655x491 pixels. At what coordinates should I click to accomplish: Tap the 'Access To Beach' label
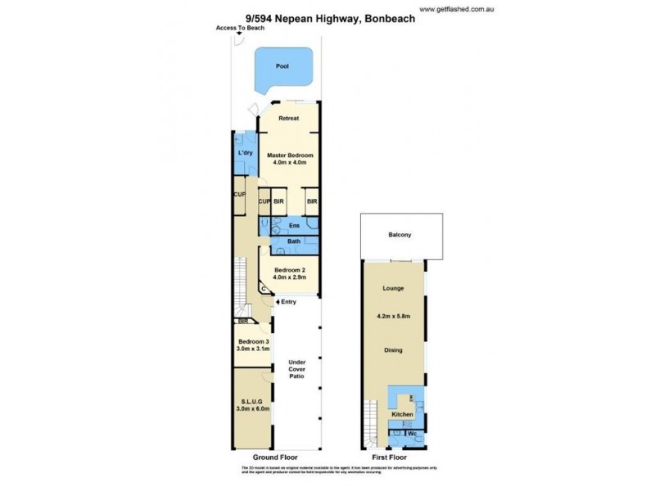click(237, 27)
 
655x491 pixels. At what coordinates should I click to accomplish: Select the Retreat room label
click(288, 119)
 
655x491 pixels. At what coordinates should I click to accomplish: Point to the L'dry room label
click(244, 154)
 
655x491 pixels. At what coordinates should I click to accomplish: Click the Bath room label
click(292, 241)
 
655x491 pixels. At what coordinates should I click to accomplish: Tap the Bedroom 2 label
click(289, 273)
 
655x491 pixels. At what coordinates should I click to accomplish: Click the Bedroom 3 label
click(253, 345)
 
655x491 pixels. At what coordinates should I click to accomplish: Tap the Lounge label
click(394, 289)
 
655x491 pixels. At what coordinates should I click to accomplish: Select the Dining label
click(394, 350)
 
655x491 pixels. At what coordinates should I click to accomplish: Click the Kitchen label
click(401, 416)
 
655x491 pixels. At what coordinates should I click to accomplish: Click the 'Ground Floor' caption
click(275, 457)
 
